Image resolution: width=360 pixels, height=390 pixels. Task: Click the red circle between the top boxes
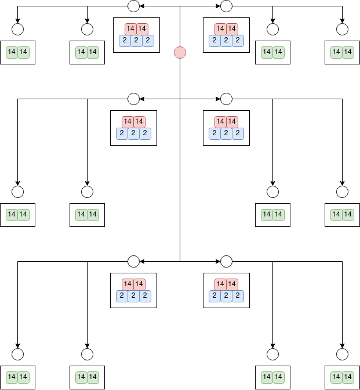pos(180,52)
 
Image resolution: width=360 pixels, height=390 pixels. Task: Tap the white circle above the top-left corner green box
pos(17,29)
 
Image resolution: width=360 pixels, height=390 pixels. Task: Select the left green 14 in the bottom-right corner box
pos(336,377)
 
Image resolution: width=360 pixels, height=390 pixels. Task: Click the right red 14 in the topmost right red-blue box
pos(232,28)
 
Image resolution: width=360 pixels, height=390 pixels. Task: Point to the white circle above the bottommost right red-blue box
pos(226,261)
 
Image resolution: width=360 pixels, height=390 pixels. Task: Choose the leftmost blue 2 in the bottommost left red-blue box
pos(122,296)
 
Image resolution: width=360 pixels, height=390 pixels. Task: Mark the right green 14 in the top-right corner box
pos(348,52)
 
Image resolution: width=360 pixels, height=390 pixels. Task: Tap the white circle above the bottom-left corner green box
pos(17,354)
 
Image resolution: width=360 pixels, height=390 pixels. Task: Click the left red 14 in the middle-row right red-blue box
pos(220,121)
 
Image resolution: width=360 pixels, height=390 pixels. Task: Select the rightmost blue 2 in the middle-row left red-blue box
pos(146,133)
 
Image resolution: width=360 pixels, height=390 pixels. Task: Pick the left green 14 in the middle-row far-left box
pos(12,215)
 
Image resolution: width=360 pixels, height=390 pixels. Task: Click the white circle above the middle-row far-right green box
pos(342,192)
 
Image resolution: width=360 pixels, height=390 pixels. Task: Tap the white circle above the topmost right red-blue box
pos(226,6)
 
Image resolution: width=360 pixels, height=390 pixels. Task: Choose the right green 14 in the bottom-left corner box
pos(23,377)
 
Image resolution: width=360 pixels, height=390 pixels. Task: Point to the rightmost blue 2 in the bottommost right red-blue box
pos(238,296)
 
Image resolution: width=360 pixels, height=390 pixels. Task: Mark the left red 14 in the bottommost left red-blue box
pos(128,284)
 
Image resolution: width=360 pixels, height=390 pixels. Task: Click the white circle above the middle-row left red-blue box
pos(133,99)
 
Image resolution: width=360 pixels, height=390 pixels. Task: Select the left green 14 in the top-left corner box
pos(12,52)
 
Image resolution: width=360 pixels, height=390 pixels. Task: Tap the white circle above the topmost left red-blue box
pos(133,6)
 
